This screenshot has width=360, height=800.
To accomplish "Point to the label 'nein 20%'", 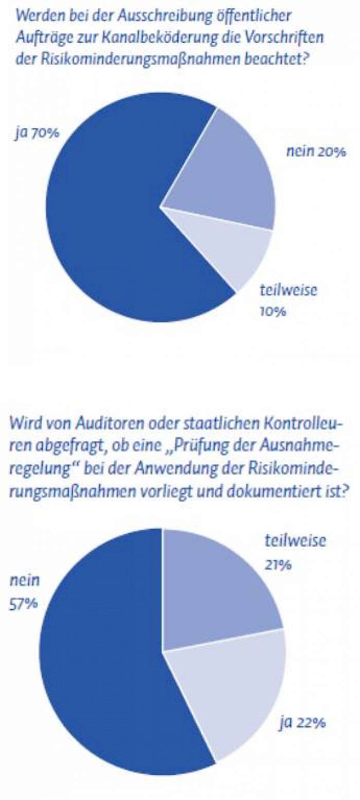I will tap(315, 152).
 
